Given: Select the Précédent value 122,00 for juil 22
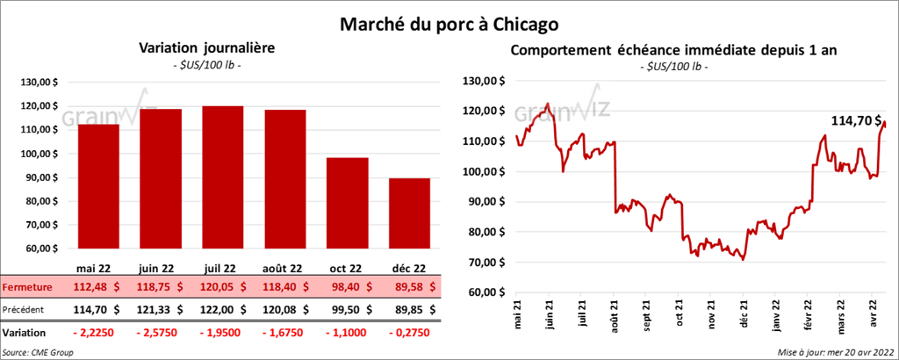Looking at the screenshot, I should (x=216, y=309).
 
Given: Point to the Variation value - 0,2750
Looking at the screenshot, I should (x=405, y=333).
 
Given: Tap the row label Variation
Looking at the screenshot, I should (x=25, y=334).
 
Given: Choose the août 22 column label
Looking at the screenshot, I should (x=285, y=269).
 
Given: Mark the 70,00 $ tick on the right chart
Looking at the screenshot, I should (x=485, y=263).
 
